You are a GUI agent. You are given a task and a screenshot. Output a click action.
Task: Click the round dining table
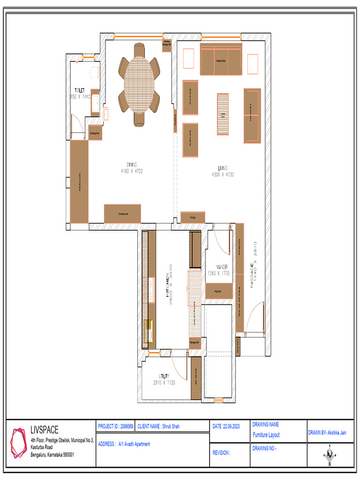click(x=139, y=85)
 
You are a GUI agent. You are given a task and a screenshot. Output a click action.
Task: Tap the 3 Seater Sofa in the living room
click(x=221, y=60)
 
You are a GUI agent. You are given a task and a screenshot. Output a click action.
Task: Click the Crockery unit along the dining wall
click(x=122, y=214)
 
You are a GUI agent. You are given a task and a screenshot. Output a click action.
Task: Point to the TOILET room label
click(x=80, y=90)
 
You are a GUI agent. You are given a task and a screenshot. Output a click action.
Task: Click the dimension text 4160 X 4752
click(x=131, y=172)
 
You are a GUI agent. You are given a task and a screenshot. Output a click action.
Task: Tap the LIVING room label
click(x=223, y=168)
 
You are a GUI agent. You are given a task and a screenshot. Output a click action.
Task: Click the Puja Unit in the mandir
click(x=218, y=291)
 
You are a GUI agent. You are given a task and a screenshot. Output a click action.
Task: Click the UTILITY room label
click(x=164, y=376)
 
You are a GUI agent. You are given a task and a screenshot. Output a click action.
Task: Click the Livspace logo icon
click(x=19, y=442)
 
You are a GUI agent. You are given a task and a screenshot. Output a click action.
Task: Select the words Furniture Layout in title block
click(x=266, y=435)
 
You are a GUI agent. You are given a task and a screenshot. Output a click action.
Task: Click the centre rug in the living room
click(x=223, y=114)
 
